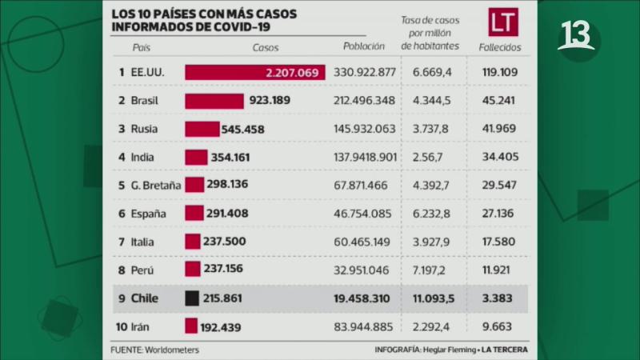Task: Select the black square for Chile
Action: pos(192,298)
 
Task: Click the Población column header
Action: pos(364,47)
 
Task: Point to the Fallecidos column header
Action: pos(501,47)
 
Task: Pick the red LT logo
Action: pos(504,22)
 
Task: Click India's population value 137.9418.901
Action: pos(364,158)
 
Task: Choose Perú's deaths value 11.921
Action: pos(501,270)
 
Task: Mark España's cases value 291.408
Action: pos(234,214)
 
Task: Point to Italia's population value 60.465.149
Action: pos(364,242)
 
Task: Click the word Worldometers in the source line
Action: pos(173,350)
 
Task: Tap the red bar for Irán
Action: pos(191,326)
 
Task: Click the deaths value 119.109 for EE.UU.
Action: pos(501,72)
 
